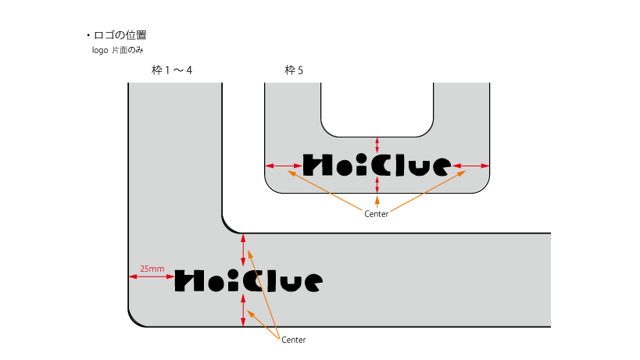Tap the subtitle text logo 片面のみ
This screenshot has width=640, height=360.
(x=117, y=50)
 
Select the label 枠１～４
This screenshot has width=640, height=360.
(x=172, y=71)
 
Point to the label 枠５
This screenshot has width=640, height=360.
(x=295, y=71)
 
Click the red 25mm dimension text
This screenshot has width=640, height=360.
(x=152, y=269)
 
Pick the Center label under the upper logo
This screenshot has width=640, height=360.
(x=376, y=214)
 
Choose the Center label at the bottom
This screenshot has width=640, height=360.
(x=293, y=340)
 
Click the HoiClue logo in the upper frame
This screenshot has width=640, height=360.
(x=377, y=165)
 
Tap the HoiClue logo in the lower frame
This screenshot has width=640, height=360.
(x=248, y=280)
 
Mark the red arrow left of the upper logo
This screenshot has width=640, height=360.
(x=283, y=166)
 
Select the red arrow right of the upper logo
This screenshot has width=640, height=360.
(x=471, y=166)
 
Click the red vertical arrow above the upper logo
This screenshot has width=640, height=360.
(x=377, y=144)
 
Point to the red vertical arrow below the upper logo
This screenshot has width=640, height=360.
(x=377, y=184)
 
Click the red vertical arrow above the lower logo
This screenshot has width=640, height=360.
(x=243, y=250)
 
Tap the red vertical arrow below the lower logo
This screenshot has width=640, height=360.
(x=243, y=310)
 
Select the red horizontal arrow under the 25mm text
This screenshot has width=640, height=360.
(x=151, y=276)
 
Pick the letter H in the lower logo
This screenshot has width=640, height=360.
(x=187, y=280)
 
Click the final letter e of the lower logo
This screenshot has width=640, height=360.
(x=312, y=282)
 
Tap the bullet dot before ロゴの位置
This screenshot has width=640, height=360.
(x=88, y=36)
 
